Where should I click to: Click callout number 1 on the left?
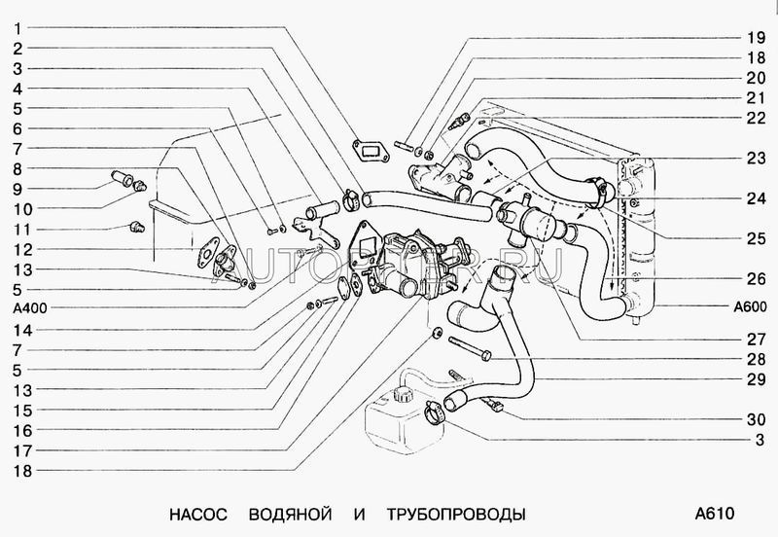click(18, 26)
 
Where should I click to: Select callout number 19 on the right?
click(757, 39)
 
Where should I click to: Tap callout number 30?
click(757, 420)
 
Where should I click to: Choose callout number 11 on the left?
click(18, 229)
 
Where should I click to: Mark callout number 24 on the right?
click(757, 199)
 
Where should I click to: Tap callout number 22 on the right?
click(757, 118)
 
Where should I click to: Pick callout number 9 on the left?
click(18, 188)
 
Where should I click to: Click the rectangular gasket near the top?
click(367, 149)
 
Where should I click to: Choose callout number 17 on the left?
click(18, 450)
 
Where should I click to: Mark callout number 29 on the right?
click(757, 378)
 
